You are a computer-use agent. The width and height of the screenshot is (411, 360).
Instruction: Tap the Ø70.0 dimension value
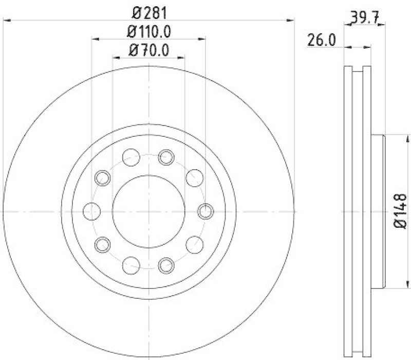(x=149, y=50)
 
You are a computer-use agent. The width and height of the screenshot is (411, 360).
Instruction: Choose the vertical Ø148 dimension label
(x=400, y=211)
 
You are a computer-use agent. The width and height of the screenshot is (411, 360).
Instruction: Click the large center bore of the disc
(x=148, y=211)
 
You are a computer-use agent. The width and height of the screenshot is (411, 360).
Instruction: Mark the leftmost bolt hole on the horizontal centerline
(x=91, y=210)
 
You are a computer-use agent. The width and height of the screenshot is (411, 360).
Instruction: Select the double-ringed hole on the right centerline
(x=206, y=211)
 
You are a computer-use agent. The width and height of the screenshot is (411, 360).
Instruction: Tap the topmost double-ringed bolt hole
(x=166, y=157)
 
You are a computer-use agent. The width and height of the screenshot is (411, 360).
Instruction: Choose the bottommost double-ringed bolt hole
(x=166, y=265)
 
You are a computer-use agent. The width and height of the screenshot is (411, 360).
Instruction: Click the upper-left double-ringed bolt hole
(x=103, y=178)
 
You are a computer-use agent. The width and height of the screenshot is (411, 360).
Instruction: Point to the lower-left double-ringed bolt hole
(x=103, y=244)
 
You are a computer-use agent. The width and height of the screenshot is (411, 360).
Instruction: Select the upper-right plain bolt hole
(x=194, y=178)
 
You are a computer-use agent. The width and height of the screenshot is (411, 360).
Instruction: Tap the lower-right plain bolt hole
(x=194, y=244)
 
